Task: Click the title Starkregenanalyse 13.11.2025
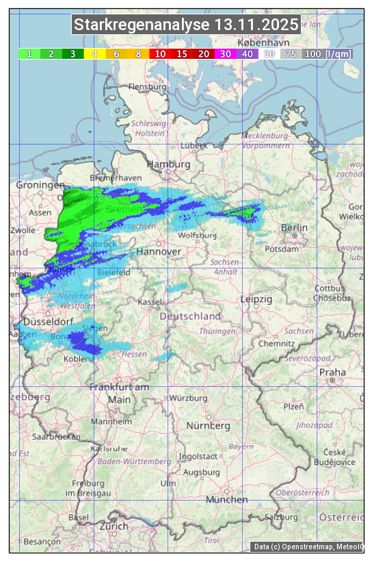coord(186,25)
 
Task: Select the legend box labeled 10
coord(160,53)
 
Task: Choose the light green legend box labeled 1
coord(29,53)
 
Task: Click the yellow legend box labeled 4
coord(94,53)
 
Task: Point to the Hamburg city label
coord(168,164)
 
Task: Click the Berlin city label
coord(294,227)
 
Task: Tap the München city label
coord(226,500)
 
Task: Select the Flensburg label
coord(147,87)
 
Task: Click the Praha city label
coord(332,372)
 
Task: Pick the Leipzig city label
coord(256,299)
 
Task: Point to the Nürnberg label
coord(209,426)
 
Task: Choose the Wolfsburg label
coord(197,236)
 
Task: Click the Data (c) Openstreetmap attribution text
coord(307,547)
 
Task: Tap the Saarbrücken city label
coord(56,436)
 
